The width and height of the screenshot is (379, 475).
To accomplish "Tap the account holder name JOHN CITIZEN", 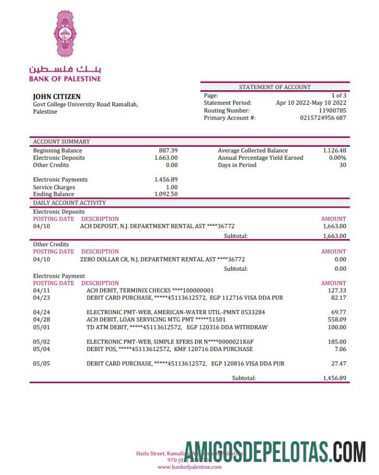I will [57, 97].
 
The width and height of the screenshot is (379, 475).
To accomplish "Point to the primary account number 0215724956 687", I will [323, 118].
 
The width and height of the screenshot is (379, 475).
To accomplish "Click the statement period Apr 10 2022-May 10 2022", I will [311, 103].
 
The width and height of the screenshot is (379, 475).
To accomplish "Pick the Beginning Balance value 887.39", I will [168, 151].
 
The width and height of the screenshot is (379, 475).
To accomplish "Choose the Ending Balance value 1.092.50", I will [166, 194].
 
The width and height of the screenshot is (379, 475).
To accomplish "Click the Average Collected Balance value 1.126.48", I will [334, 151].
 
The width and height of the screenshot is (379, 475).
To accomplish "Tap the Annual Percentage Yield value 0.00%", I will [338, 158].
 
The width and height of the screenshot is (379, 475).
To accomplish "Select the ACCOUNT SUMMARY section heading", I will [61, 141].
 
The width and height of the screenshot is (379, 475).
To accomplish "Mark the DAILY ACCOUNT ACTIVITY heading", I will [70, 203].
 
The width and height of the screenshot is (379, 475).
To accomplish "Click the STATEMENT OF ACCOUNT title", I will [275, 87].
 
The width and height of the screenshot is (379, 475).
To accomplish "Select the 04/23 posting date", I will [41, 298].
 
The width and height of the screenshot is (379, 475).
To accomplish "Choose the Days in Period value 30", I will [343, 165].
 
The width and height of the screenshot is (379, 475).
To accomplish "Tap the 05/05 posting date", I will [41, 364].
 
